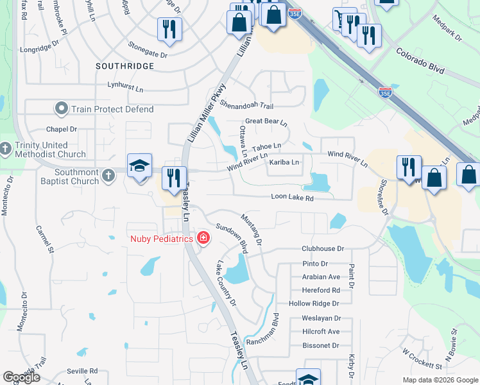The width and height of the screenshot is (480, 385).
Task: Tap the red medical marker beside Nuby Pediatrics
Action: coord(203,239)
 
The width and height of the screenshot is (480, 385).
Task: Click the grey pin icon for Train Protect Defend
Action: coord(62,108)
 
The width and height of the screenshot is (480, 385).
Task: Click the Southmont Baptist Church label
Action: coord(67,176)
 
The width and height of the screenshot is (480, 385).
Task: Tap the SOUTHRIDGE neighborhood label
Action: coord(124,66)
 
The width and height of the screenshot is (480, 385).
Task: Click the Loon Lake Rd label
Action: coord(292,198)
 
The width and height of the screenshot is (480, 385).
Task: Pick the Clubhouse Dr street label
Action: coord(323,249)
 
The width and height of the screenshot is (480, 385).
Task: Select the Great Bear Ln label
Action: coord(266,121)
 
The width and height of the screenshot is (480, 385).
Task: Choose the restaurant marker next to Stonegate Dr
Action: coord(169,30)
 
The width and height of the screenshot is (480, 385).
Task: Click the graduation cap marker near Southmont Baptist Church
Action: coord(139,166)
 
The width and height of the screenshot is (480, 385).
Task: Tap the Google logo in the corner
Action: coord(22,377)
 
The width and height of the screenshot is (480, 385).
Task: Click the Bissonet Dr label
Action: coord(320,346)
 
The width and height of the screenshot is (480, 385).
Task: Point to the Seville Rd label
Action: coord(85,371)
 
